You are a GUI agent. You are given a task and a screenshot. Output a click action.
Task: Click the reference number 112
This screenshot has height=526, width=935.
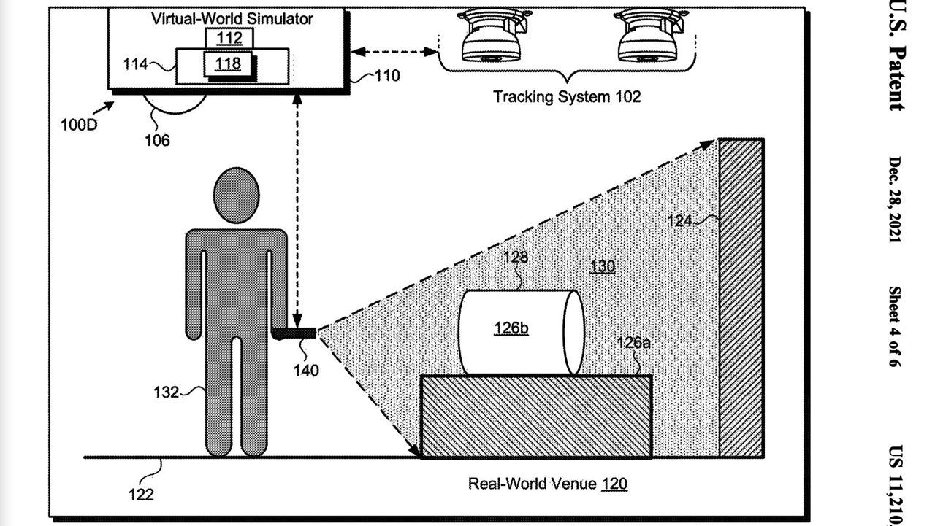click(x=229, y=38)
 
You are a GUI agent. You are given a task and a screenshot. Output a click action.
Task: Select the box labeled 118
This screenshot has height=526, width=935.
click(x=228, y=64)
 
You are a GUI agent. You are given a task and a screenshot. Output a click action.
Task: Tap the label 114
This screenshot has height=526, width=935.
click(x=134, y=64)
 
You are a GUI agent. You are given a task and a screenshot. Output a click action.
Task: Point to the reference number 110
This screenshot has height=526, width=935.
click(x=386, y=75)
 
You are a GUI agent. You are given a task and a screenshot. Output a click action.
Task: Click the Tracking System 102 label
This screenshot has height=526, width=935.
click(x=566, y=96)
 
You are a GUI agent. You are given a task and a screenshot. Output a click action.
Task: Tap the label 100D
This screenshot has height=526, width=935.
click(x=78, y=123)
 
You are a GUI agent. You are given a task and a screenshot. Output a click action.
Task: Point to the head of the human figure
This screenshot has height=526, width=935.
click(x=236, y=196)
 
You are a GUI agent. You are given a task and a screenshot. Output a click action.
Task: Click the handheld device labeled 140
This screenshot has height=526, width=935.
click(x=294, y=333)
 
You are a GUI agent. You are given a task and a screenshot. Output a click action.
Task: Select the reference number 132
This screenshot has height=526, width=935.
click(x=166, y=392)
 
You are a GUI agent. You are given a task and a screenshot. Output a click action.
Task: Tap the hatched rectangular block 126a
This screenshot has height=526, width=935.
click(x=535, y=417)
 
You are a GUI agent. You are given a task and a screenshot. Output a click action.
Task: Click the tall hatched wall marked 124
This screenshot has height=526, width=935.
click(x=741, y=298)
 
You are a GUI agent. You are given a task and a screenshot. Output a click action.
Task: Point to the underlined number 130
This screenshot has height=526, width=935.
click(x=602, y=266)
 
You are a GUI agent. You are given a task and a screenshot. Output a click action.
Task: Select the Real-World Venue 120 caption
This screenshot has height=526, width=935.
click(x=547, y=483)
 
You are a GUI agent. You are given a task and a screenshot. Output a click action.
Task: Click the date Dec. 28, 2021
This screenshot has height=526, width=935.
click(x=896, y=201)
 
